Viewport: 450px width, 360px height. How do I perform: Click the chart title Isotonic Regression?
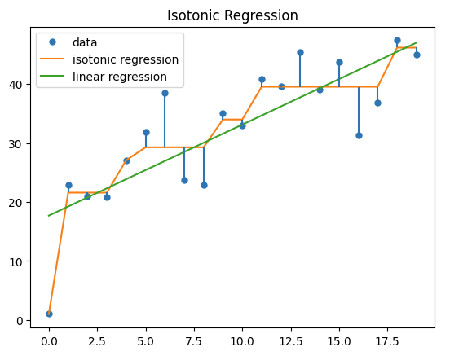click(232, 15)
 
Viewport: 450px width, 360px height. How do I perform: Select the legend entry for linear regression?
click(121, 77)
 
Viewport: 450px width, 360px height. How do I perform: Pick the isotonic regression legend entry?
click(126, 59)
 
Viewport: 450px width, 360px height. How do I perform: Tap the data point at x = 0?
click(49, 314)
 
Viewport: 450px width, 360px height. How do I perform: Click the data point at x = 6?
click(165, 93)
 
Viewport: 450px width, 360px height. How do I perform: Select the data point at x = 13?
click(300, 52)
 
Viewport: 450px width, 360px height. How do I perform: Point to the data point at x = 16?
click(359, 135)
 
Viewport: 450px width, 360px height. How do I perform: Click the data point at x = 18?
click(397, 40)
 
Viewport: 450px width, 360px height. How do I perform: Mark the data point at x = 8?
click(204, 185)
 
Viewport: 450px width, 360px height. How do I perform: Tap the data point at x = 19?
click(417, 55)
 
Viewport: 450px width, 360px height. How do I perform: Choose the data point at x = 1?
click(68, 185)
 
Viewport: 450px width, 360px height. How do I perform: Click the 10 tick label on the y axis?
click(21, 261)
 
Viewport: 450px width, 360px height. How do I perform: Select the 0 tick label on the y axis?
click(24, 320)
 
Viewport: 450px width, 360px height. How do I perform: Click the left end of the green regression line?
click(49, 216)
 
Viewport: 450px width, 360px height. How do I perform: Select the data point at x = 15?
click(339, 62)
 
